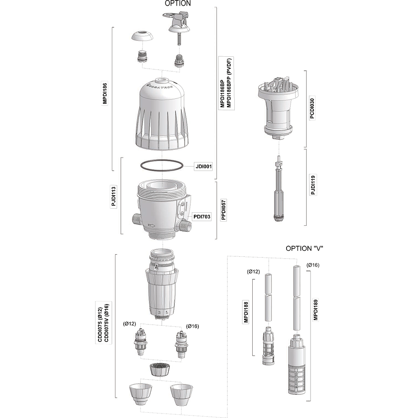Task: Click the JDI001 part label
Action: click(204, 167)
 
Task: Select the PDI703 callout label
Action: click(202, 217)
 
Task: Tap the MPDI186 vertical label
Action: click(105, 93)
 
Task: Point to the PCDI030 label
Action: click(312, 109)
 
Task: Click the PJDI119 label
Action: click(313, 185)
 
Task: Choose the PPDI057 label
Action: click(224, 210)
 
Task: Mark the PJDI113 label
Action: click(113, 196)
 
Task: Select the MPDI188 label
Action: click(246, 312)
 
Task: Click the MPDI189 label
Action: click(316, 310)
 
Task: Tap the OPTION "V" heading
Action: click(304, 249)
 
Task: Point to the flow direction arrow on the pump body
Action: click(151, 226)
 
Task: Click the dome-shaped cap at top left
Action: click(142, 36)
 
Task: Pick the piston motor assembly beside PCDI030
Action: click(279, 107)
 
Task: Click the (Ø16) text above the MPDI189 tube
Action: click(313, 265)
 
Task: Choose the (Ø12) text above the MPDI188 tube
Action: click(253, 271)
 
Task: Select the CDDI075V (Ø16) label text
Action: click(107, 323)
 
